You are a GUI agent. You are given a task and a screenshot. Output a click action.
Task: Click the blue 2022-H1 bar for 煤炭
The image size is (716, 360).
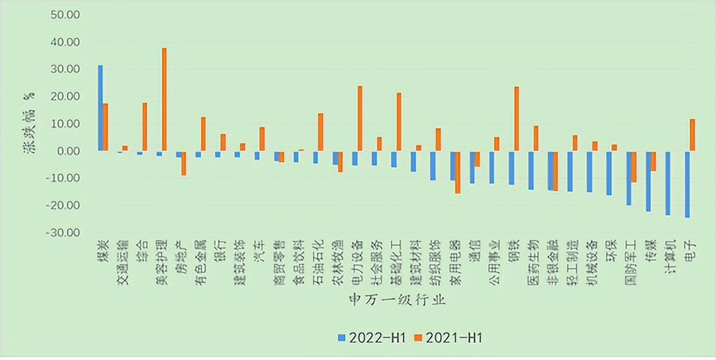tap(100, 108)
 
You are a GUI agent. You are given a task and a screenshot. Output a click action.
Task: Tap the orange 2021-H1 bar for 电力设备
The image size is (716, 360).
tap(360, 118)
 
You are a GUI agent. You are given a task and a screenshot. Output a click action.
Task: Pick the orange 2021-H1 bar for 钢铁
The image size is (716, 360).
tap(516, 119)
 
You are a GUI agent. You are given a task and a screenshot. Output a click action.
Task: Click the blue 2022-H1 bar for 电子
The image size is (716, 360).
tap(687, 184)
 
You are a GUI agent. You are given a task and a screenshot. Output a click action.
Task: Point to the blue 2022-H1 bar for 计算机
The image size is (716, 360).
tap(667, 183)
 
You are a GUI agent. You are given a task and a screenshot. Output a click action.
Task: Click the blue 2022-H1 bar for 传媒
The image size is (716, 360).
tap(648, 181)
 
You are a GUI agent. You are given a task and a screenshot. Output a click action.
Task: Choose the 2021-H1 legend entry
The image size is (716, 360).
tap(450, 338)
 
